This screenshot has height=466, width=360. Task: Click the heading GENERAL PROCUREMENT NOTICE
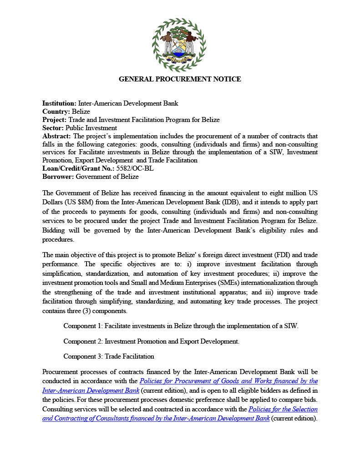point(180,79)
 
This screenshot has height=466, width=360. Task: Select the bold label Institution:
point(59,103)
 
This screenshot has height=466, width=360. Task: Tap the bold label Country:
point(56,111)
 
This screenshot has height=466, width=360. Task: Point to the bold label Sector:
point(53,128)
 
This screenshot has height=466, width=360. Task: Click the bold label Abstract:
point(57,136)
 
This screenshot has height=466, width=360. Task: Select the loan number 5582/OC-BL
point(135,168)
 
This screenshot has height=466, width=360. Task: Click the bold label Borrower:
point(58,177)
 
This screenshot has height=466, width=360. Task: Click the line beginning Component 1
point(181,326)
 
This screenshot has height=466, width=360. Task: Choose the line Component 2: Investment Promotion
point(151,341)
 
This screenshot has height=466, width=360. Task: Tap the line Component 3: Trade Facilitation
point(109,356)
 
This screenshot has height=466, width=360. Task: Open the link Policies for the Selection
point(283,409)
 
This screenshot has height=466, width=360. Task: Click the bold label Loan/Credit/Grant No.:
point(78,168)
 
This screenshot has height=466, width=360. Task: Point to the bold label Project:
point(54,120)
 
